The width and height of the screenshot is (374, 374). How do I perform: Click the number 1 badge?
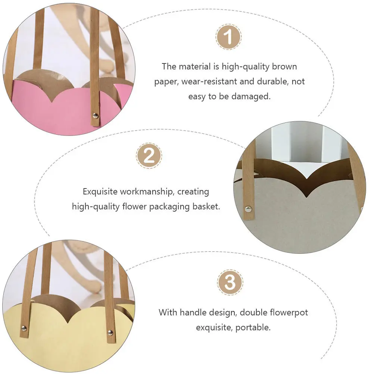click(x=229, y=37)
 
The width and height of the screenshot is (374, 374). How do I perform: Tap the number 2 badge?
click(x=149, y=156)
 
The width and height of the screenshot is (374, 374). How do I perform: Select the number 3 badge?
click(x=230, y=283)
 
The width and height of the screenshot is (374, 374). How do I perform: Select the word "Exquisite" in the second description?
click(x=100, y=192)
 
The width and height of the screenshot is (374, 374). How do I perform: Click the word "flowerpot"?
click(x=290, y=312)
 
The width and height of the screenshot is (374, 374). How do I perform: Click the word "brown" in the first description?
click(x=284, y=67)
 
